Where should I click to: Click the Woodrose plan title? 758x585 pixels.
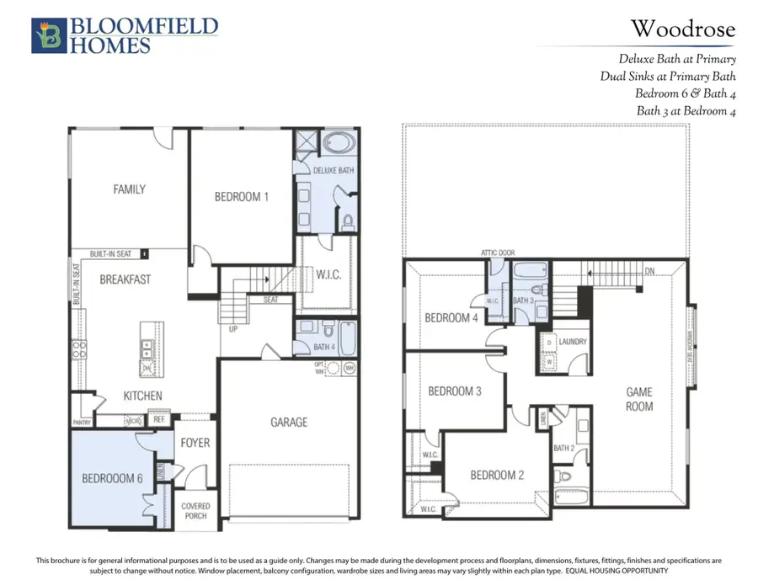click(x=683, y=30)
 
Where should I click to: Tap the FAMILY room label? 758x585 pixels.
click(x=129, y=189)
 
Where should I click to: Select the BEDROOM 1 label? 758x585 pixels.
click(x=242, y=197)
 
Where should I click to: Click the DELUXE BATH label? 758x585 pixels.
click(x=334, y=170)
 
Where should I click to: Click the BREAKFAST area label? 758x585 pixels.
click(x=125, y=279)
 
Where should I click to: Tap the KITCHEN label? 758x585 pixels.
click(x=143, y=396)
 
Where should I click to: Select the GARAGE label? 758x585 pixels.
click(x=289, y=422)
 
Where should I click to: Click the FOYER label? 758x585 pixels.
click(x=195, y=443)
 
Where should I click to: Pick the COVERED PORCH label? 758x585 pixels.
click(x=195, y=511)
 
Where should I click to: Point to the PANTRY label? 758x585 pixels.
click(x=82, y=422)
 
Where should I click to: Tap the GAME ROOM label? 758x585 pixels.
click(x=639, y=398)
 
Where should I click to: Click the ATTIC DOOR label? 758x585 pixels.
click(x=497, y=253)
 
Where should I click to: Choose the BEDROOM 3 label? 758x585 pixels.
click(x=455, y=391)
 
